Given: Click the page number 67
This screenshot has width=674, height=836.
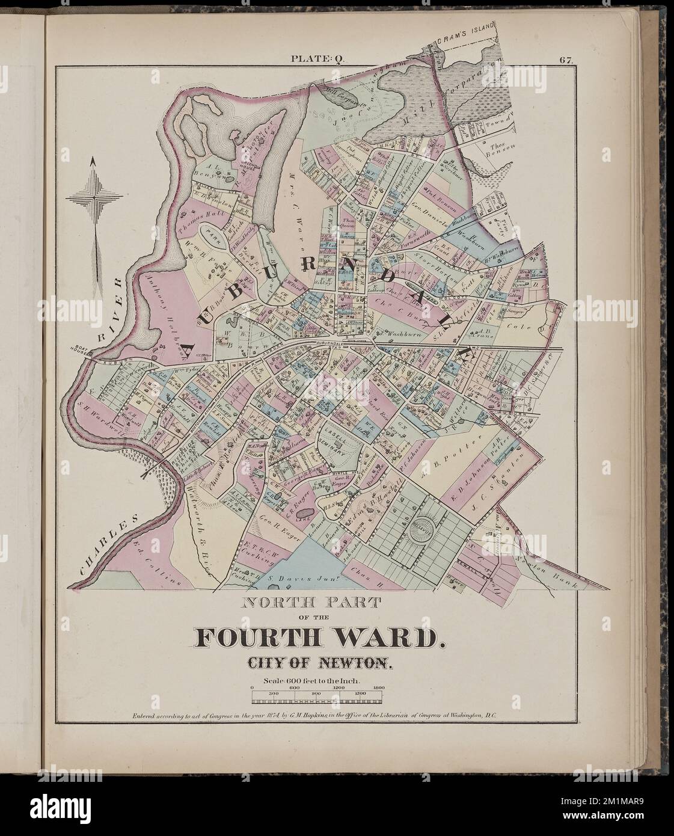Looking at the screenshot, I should (566, 60).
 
